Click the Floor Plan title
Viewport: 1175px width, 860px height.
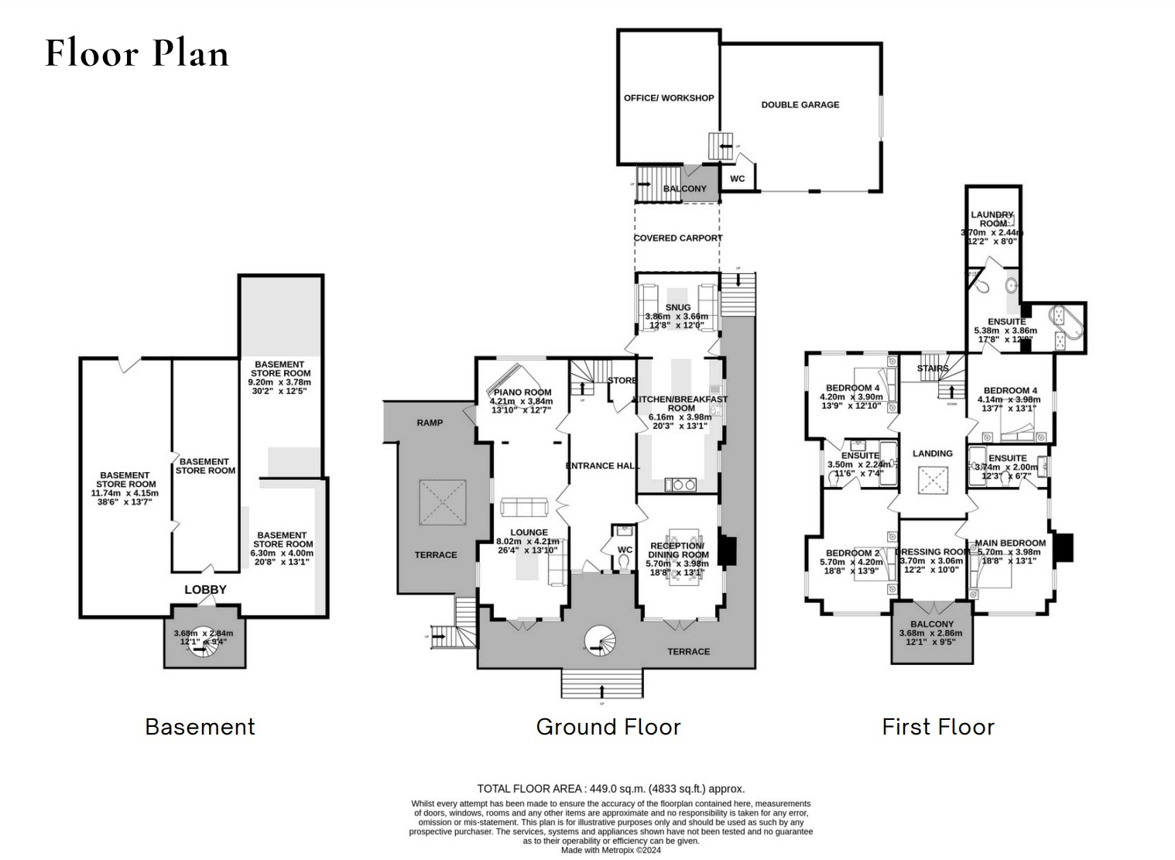(x=137, y=53)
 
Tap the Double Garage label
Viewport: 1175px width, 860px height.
(x=800, y=105)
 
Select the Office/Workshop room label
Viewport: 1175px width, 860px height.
(x=669, y=98)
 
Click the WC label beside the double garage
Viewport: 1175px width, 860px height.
(x=738, y=179)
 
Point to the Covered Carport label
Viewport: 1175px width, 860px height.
(x=677, y=238)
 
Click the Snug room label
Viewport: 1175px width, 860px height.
(x=677, y=307)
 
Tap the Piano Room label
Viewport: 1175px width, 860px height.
(x=522, y=392)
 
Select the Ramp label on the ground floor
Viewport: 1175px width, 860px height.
(x=430, y=423)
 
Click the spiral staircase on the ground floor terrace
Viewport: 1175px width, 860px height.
(x=598, y=640)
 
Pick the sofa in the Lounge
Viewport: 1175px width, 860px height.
(x=524, y=508)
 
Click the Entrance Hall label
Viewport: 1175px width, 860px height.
(x=602, y=465)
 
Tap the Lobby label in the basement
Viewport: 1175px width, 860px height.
(x=205, y=589)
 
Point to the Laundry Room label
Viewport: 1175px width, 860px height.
(x=992, y=219)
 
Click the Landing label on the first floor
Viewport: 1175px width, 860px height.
(x=932, y=453)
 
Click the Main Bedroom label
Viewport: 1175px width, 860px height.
(x=1010, y=543)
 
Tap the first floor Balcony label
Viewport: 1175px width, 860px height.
(x=932, y=624)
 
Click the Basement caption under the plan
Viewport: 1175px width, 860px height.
(x=200, y=727)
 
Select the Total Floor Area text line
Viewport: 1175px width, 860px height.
(x=611, y=789)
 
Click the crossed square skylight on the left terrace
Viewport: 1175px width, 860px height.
(x=444, y=502)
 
